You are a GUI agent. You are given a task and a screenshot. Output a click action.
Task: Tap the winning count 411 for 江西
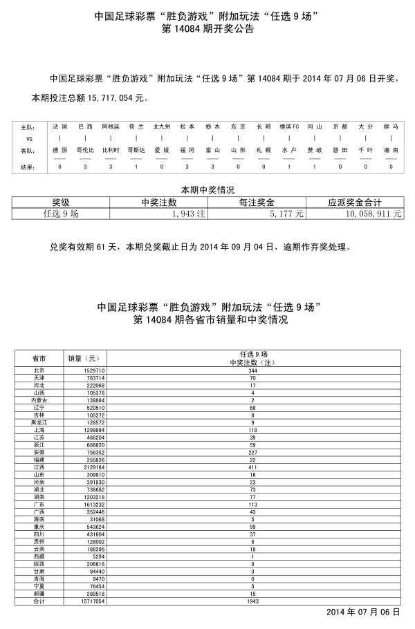pos(252,467)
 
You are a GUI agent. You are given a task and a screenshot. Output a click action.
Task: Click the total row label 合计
pos(39,601)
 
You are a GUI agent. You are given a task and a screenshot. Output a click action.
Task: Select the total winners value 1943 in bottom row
pos(252,601)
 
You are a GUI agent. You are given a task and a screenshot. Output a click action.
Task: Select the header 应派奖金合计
pos(355,203)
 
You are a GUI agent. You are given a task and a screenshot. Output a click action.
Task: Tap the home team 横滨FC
pos(289,127)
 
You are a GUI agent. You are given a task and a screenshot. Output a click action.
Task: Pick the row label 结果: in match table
pos(27,167)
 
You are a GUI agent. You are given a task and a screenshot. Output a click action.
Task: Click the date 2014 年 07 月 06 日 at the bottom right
pos(364,613)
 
